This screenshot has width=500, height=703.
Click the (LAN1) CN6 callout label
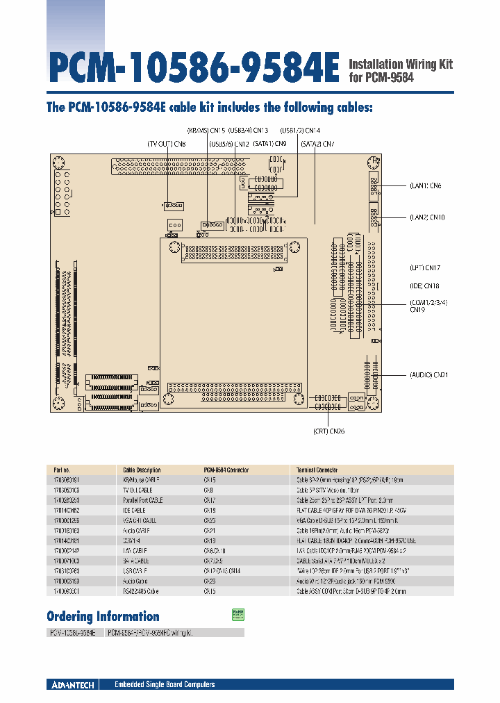click(425, 185)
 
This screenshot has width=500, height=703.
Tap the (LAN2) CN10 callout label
click(426, 217)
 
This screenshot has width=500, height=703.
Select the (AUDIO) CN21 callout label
click(428, 374)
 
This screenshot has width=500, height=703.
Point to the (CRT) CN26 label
click(328, 431)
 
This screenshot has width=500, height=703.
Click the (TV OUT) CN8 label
click(166, 144)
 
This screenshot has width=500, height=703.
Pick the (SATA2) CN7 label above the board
click(317, 144)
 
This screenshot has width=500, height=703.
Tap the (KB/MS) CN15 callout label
click(206, 131)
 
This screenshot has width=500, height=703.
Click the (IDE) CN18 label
click(424, 286)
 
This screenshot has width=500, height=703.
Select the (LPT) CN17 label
click(425, 267)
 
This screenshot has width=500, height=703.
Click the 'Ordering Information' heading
click(103, 616)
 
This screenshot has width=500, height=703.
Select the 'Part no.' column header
click(60, 470)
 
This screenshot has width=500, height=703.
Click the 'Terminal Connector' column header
click(317, 470)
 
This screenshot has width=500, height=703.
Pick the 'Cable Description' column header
click(142, 470)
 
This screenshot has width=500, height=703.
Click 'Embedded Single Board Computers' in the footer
click(165, 684)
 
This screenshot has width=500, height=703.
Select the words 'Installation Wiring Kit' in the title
click(400, 64)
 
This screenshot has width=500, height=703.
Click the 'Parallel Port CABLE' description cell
click(143, 499)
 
